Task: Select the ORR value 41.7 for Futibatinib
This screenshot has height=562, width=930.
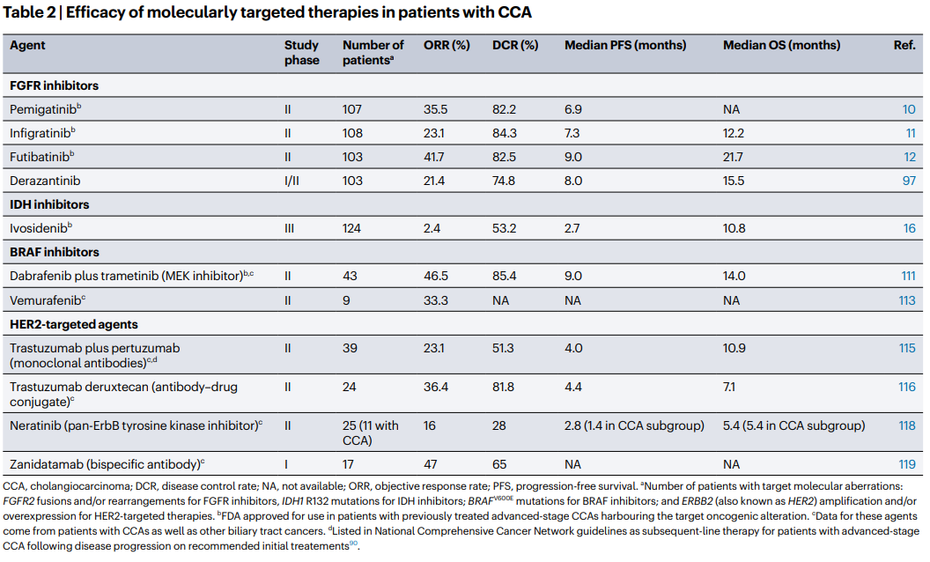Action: (435, 157)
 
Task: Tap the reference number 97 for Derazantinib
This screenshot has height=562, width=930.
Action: (908, 181)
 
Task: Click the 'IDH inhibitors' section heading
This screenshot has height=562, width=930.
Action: (48, 204)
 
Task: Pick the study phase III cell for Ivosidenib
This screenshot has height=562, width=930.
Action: (289, 228)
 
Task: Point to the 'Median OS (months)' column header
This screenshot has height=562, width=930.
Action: (781, 46)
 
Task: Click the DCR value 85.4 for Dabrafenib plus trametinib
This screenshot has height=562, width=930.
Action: (506, 277)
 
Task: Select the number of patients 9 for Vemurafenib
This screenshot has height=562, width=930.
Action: (346, 300)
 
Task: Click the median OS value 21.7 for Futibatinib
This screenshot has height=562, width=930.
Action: (734, 157)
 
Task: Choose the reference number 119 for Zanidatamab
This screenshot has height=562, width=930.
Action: (907, 462)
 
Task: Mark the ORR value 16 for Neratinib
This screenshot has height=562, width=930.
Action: (431, 426)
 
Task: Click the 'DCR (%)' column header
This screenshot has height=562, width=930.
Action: (515, 46)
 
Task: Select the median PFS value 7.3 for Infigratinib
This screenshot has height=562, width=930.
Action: (572, 133)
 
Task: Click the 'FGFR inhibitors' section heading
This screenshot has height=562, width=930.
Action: (54, 85)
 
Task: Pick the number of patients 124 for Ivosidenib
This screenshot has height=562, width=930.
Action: (352, 228)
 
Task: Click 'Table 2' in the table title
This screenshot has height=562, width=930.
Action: (33, 13)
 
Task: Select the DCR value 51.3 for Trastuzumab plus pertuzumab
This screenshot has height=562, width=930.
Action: (505, 349)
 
